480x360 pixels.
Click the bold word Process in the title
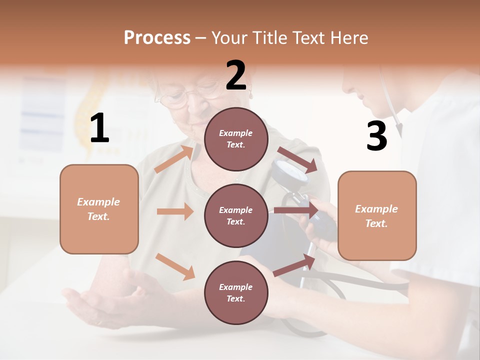157,37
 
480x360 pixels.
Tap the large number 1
99,128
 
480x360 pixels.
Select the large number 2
236,75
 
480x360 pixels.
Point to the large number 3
376,136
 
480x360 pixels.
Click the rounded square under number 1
99,209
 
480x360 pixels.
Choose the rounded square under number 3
377,215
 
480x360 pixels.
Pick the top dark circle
236,139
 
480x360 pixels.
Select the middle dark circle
236,215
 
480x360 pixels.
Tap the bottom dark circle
236,292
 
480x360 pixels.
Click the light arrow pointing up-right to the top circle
173,159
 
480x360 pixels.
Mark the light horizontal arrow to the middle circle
174,211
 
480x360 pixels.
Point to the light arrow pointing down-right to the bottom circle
174,266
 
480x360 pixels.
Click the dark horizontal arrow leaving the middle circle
295,210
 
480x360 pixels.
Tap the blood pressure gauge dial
290,171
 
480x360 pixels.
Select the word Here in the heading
349,37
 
